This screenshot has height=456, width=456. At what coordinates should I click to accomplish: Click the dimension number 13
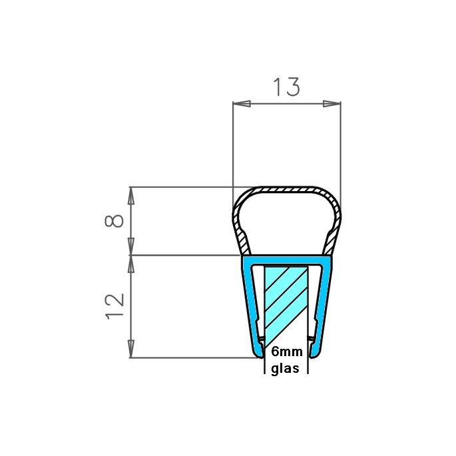click(286, 87)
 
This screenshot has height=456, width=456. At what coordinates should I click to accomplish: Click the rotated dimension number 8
click(114, 220)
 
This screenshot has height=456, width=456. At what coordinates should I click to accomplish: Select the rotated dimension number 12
click(114, 306)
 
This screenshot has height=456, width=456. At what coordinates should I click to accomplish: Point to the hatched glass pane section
click(286, 300)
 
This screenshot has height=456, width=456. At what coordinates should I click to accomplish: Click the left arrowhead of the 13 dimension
click(240, 103)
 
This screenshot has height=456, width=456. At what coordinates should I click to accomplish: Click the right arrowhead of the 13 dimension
click(332, 103)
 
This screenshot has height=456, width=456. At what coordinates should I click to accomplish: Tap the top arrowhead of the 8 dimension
click(131, 194)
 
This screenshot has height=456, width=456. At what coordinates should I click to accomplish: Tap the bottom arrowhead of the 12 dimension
click(131, 351)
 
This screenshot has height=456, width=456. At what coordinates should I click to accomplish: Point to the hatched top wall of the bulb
click(286, 190)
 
